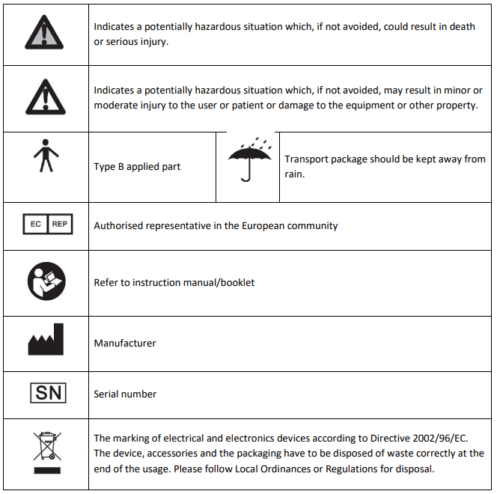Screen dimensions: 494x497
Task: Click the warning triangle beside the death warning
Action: pos(45,34)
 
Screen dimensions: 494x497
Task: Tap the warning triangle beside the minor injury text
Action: pos(45,98)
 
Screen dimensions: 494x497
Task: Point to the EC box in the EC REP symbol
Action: pos(35,225)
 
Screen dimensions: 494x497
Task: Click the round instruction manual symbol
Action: pos(46,282)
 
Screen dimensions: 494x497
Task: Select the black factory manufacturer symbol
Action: pos(46,342)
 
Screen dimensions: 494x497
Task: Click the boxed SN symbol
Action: pos(46,393)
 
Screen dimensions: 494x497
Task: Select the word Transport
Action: pos(305,159)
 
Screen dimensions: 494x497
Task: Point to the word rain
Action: pos(293,174)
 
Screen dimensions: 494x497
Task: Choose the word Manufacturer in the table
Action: pos(125,343)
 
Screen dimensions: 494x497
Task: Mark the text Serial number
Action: pos(125,394)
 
